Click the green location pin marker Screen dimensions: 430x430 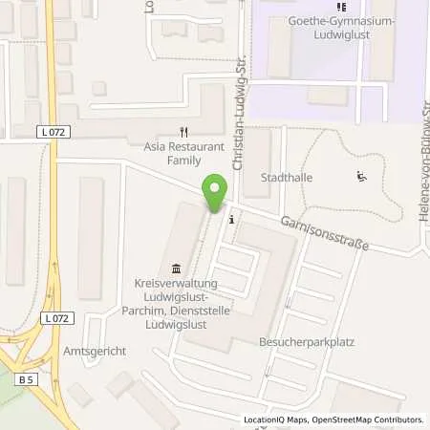(x=215, y=194)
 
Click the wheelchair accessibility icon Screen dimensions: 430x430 (x=360, y=175)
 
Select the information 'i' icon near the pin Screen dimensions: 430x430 (x=233, y=218)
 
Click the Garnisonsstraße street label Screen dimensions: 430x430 (x=325, y=233)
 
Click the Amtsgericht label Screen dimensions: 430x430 (x=95, y=351)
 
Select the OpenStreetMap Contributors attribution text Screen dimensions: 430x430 (x=365, y=419)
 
